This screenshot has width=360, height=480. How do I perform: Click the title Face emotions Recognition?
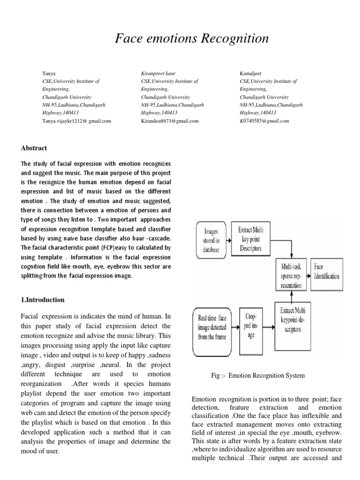click(x=192, y=39)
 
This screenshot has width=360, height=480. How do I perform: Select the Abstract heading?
click(x=34, y=148)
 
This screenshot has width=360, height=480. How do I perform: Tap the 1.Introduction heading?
click(x=43, y=300)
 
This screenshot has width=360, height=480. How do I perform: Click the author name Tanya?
click(x=48, y=74)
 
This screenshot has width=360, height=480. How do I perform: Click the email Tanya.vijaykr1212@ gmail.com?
click(x=76, y=121)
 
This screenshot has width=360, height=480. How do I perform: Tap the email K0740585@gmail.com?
click(x=264, y=121)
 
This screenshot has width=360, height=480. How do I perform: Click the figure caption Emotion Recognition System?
click(x=258, y=375)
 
